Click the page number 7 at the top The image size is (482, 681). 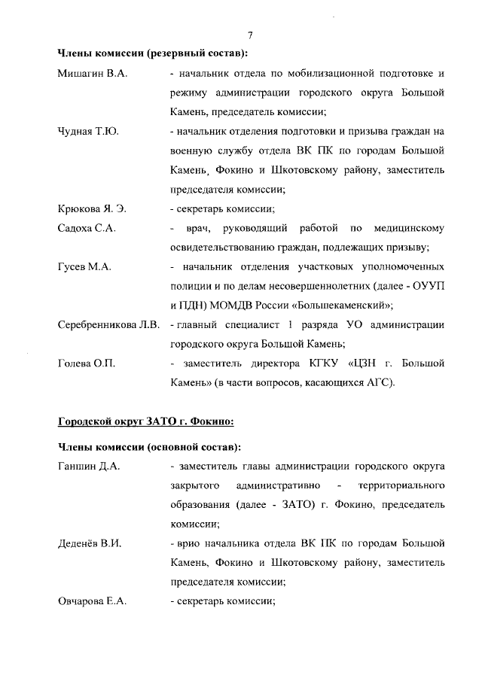point(249,35)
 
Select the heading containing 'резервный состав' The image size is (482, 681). point(153,53)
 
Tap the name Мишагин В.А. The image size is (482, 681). point(86,74)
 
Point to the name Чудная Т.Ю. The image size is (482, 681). point(85,131)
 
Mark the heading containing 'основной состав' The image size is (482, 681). point(149,447)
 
